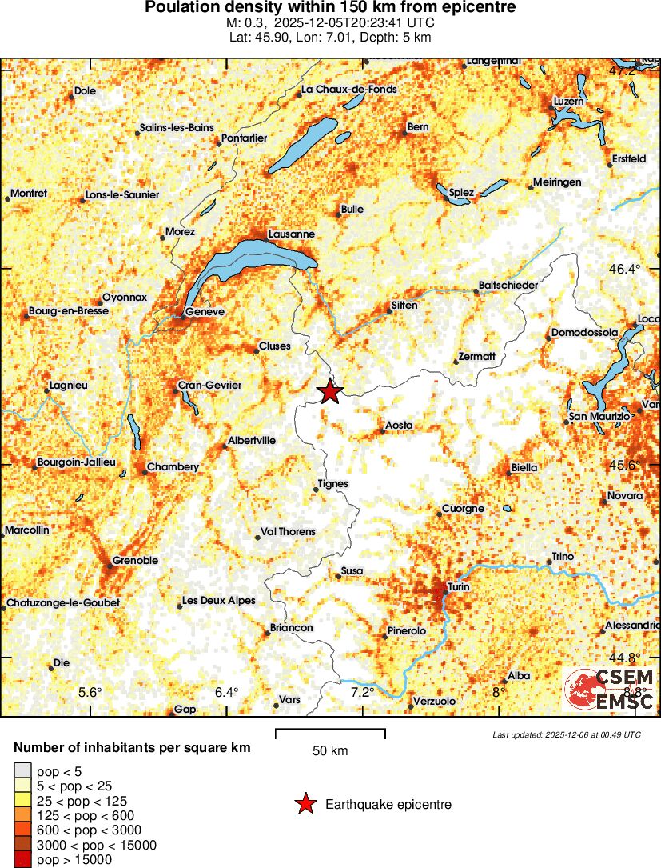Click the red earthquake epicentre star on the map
(x=329, y=392)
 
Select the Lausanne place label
(x=292, y=234)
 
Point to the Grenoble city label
(x=135, y=561)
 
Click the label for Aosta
(x=399, y=425)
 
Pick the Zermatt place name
(x=478, y=357)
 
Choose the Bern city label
(x=418, y=126)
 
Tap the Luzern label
(x=569, y=102)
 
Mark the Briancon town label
(x=291, y=628)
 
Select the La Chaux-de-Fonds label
(x=349, y=90)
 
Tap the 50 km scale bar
(x=330, y=734)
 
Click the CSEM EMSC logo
(x=611, y=690)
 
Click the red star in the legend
(x=305, y=805)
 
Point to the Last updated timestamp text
(x=567, y=734)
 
